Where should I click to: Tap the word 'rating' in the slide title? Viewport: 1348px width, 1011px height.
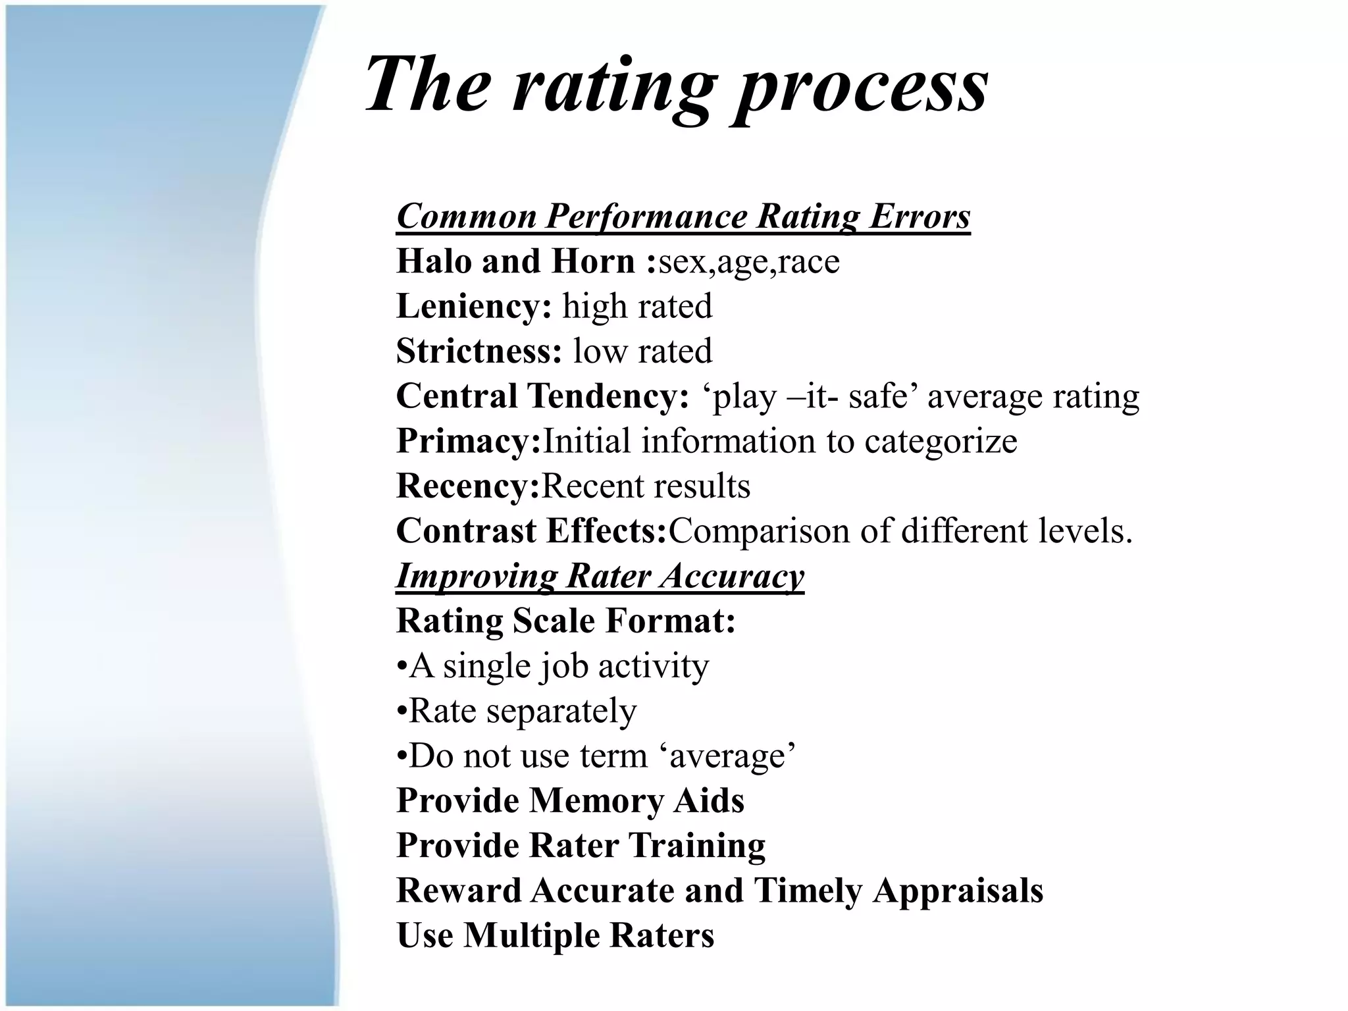(x=612, y=86)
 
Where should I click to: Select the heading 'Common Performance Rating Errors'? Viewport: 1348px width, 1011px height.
(x=683, y=216)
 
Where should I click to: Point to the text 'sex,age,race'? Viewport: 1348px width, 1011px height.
(x=749, y=262)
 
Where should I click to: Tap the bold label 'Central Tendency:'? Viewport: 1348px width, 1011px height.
(x=542, y=396)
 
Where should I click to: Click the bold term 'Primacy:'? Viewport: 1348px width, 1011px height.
(x=468, y=441)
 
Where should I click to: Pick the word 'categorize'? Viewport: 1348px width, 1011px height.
(x=941, y=441)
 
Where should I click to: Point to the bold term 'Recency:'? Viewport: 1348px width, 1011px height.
(x=468, y=486)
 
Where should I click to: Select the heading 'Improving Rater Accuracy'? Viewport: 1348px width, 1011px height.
(x=600, y=576)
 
